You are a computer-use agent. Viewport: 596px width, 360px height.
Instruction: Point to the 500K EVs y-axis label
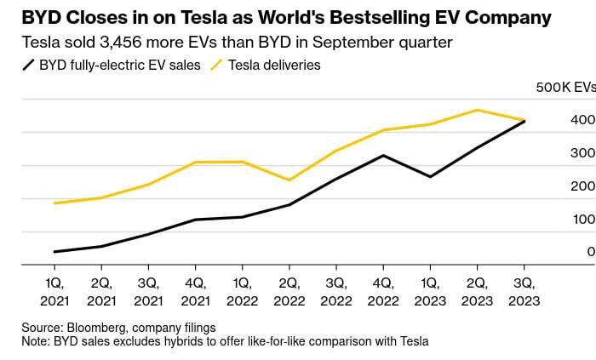[x=564, y=87]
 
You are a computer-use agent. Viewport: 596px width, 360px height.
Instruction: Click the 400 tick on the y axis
[x=582, y=120]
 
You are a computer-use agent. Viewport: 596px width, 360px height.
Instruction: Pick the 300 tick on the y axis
[x=582, y=153]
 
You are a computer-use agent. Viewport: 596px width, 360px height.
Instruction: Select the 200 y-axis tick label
[x=582, y=186]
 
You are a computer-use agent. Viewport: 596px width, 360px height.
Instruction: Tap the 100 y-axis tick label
[x=582, y=220]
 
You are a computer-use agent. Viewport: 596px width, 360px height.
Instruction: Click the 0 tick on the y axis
[x=590, y=252]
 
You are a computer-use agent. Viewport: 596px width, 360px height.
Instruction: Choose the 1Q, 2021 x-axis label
[x=54, y=291]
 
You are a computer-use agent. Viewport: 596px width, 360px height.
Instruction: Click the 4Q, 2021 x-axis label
[x=195, y=291]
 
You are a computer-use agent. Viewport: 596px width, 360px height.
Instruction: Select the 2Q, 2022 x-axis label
[x=289, y=291]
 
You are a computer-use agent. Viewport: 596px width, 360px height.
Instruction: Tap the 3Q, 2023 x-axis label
[x=523, y=291]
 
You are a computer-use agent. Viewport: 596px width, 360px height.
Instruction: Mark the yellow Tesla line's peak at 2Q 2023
[x=477, y=110]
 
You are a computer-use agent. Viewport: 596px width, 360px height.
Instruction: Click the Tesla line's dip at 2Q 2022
[x=289, y=180]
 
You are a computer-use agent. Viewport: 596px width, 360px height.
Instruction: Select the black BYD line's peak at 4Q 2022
[x=383, y=155]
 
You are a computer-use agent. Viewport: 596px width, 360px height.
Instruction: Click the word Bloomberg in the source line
[x=97, y=328]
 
